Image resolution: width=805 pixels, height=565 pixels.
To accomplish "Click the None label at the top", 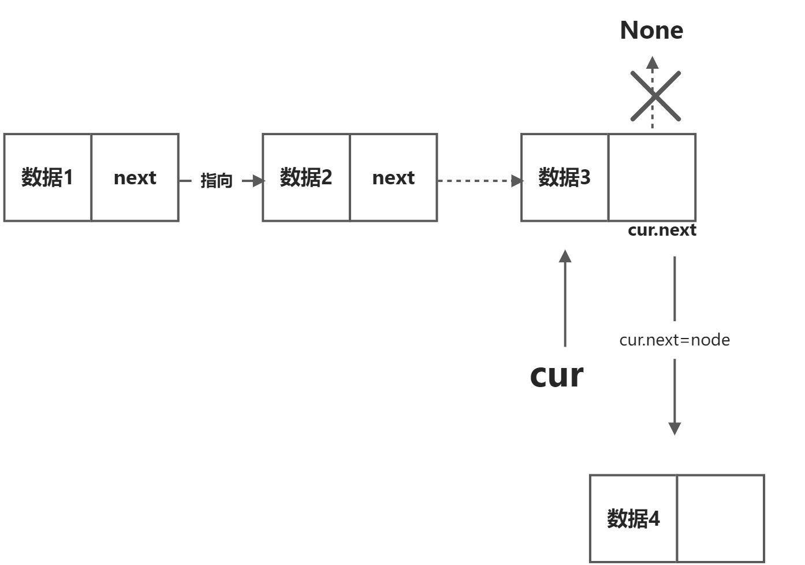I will coord(651,30).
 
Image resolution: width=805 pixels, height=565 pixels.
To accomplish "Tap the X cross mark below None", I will coord(655,96).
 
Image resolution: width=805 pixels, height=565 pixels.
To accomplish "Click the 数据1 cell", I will coord(47,177).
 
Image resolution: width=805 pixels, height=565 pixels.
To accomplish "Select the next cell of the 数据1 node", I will coord(135,177).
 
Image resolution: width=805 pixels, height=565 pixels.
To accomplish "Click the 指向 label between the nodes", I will coord(216,181).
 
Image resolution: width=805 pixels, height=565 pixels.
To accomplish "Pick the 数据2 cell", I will coord(306,177).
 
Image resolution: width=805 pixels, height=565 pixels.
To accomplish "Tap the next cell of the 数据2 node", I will coord(393,177).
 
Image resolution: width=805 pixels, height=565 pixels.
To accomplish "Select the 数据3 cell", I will coord(564,177).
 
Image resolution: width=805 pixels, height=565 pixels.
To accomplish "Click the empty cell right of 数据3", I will coord(652,177).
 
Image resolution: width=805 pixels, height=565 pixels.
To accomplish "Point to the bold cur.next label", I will coord(662,230).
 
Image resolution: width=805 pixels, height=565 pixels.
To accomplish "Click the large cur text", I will coord(557,375).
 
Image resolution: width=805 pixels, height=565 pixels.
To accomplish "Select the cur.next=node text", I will coord(674,340).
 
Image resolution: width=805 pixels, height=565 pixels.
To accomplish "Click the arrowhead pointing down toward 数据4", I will coord(674,428).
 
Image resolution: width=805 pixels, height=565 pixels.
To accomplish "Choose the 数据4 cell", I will coord(633,518).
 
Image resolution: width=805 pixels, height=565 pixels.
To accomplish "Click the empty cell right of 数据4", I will coord(721,518).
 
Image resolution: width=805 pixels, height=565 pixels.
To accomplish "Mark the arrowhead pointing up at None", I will coord(653,62).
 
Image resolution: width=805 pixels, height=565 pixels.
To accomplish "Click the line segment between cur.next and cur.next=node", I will coord(674,288).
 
